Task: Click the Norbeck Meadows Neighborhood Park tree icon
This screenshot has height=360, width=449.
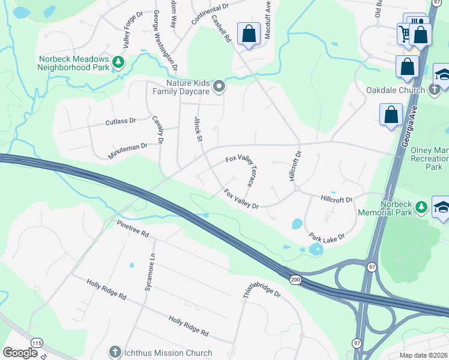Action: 119,61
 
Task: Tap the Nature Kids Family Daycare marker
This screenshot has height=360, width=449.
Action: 219,86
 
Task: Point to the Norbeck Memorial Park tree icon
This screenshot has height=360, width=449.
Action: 422,207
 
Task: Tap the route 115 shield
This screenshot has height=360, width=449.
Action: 37,343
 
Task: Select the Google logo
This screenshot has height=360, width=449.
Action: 20,353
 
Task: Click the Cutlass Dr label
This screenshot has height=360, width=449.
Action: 121,121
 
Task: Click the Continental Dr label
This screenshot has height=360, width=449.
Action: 210,13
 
